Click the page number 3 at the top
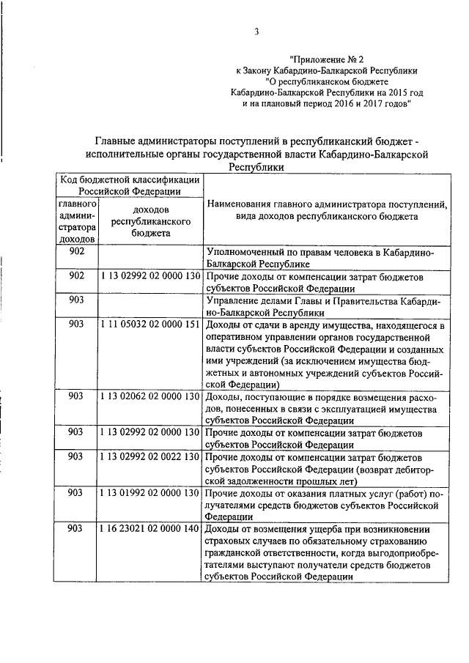256,32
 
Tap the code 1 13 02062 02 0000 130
149,396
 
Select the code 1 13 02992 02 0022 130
149,456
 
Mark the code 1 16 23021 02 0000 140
149,528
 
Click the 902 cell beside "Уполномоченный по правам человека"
76,251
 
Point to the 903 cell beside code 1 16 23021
76,528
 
